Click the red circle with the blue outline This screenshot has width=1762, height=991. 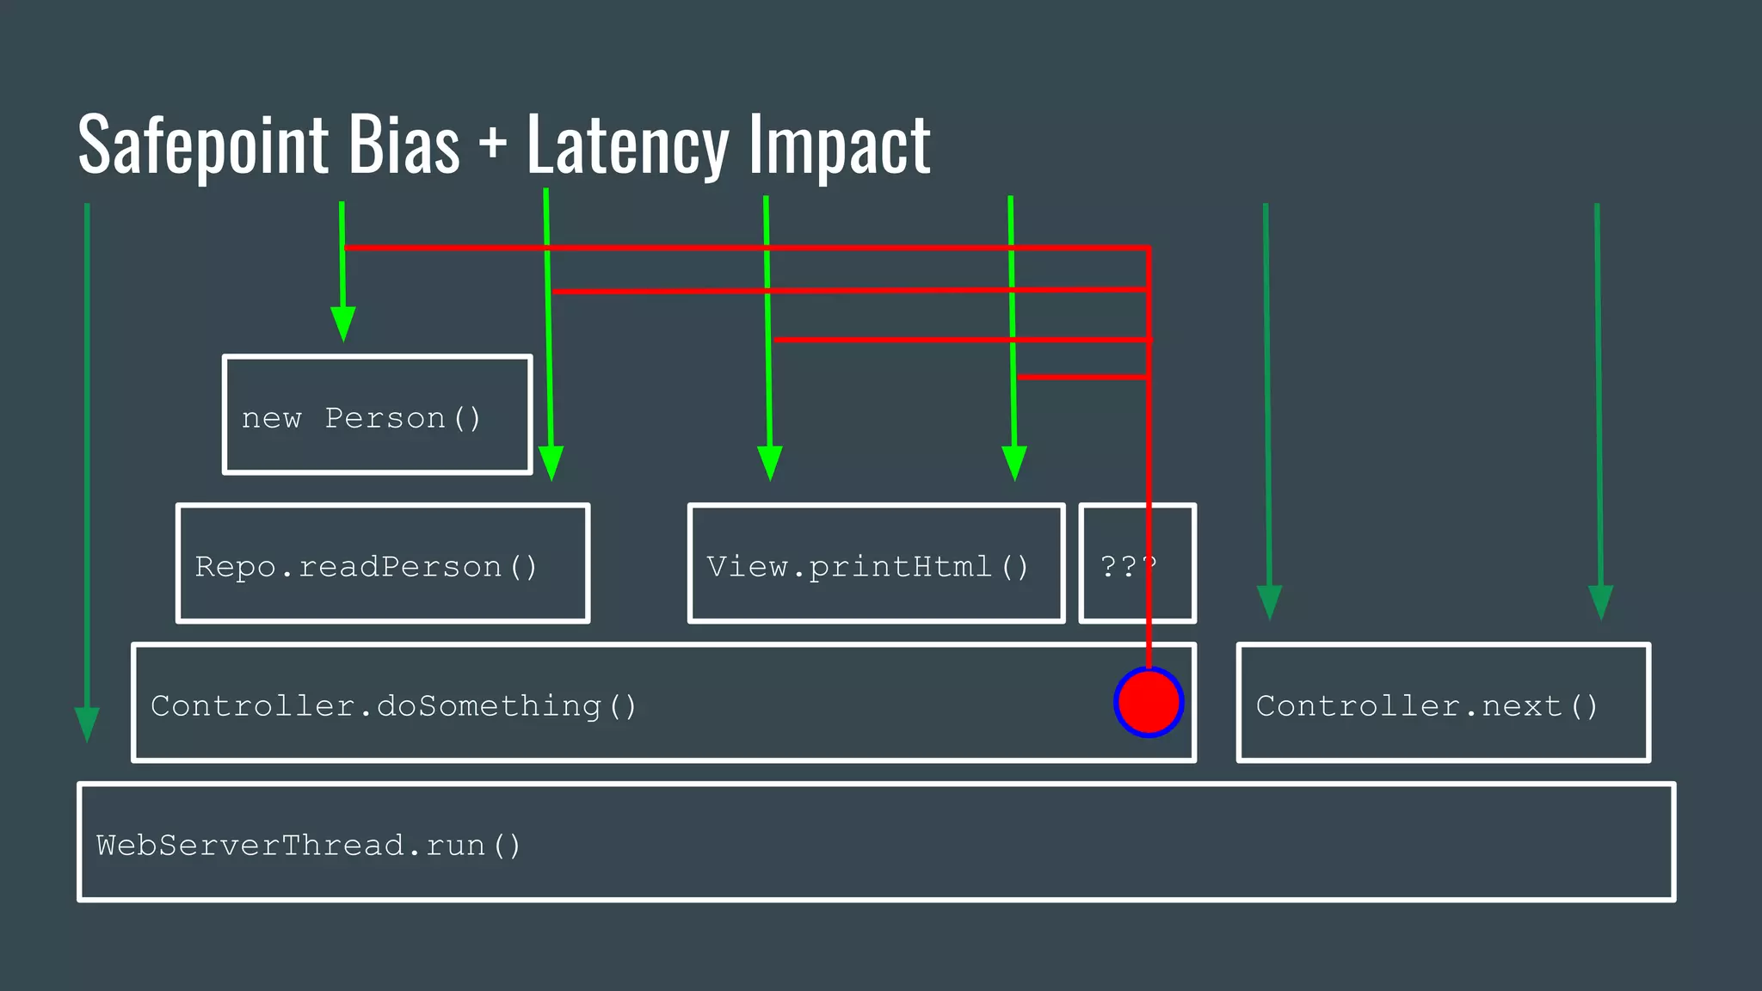(x=1149, y=702)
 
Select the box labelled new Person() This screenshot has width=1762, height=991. (x=377, y=415)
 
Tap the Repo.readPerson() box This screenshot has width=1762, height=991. (x=383, y=563)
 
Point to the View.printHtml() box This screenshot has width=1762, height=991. (x=876, y=563)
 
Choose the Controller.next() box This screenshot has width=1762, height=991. (x=1443, y=703)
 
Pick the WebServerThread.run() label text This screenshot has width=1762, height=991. (x=308, y=846)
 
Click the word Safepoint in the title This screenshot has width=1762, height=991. (x=203, y=145)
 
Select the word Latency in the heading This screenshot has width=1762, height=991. (x=627, y=145)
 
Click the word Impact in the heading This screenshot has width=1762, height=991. (x=840, y=145)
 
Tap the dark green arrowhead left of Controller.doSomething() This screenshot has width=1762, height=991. (x=87, y=723)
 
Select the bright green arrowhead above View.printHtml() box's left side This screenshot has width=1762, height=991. (x=770, y=462)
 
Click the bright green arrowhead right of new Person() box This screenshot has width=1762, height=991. (x=551, y=462)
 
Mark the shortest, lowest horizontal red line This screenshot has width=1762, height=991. (x=1081, y=377)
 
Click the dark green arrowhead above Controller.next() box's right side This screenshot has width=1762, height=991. (x=1600, y=601)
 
